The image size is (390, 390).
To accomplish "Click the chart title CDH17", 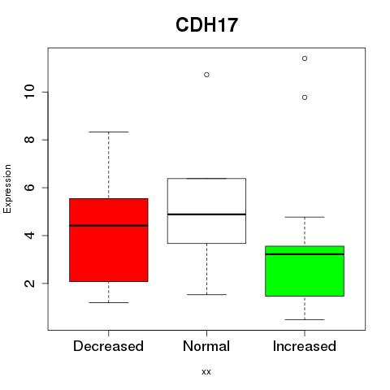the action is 206,25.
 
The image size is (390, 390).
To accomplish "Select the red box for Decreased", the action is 109,240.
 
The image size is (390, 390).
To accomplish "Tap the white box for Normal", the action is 206,210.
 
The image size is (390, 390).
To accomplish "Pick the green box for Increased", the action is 305,271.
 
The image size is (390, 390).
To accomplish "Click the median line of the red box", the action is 109,225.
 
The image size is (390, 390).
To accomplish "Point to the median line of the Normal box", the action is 206,214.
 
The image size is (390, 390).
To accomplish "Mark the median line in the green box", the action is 305,254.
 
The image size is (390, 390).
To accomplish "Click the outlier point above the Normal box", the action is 206,75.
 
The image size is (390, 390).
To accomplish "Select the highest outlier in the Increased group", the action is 305,58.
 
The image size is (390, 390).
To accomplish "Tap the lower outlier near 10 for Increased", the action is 305,97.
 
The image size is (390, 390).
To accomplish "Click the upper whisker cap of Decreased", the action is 109,132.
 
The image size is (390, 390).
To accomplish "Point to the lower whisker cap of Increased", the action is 305,319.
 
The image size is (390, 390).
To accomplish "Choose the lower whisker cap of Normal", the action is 206,294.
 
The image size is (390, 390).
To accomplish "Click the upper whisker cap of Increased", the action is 305,217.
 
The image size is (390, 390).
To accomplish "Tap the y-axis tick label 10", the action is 29,92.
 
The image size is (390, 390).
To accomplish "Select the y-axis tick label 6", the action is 29,188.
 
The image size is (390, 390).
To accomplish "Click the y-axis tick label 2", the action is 29,284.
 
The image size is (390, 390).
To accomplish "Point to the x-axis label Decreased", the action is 108,346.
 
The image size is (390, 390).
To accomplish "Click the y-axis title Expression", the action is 7,188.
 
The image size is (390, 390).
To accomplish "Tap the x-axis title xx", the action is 206,372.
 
